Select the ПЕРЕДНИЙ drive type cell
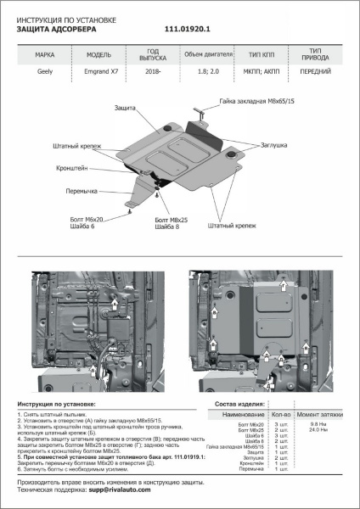(316, 74)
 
